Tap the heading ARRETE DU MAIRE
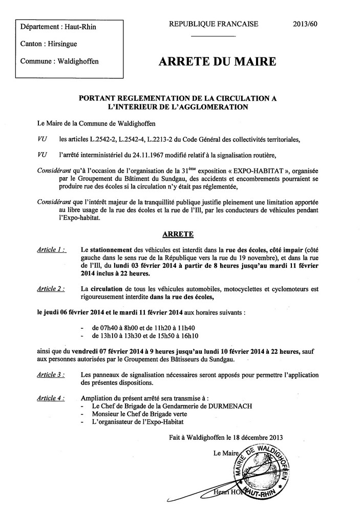(218, 62)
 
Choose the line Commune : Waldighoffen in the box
(59, 61)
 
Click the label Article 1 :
(51, 249)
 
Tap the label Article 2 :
(51, 289)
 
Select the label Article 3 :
(51, 375)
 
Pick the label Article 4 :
(51, 397)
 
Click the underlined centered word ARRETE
(178, 234)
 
